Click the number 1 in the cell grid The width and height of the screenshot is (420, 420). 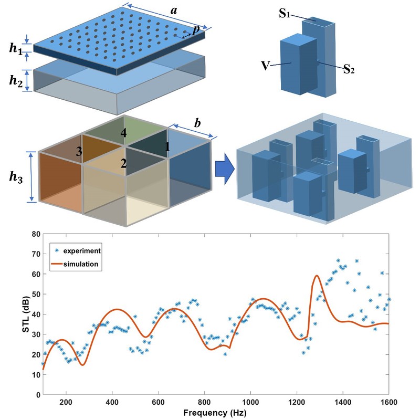pos(167,148)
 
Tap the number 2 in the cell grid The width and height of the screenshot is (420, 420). pos(123,164)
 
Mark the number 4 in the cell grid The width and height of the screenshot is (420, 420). pos(123,133)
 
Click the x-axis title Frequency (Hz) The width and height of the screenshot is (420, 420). pos(215,413)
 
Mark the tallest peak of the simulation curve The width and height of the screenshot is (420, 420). pos(317,275)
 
